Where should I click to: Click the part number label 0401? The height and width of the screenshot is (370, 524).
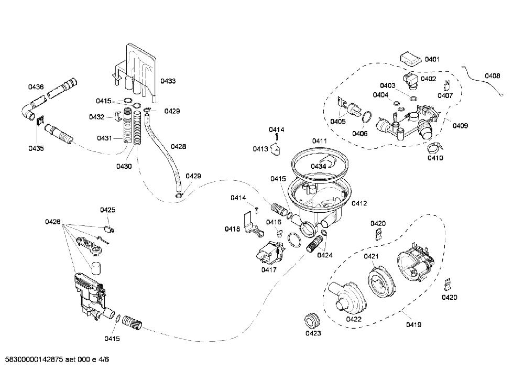(x=432, y=60)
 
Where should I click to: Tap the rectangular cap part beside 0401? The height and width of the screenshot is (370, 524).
(x=411, y=59)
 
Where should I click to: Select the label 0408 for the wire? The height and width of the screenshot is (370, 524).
(x=493, y=76)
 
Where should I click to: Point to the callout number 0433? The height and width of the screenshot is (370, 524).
(x=168, y=81)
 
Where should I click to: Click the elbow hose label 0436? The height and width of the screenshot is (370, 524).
(x=36, y=87)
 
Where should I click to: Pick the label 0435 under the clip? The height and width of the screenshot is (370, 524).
(x=36, y=148)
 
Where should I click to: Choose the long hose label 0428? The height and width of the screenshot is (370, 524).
(x=179, y=146)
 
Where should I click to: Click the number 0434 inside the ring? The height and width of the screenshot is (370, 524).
(x=318, y=167)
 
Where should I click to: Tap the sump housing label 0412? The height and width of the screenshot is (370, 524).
(x=359, y=203)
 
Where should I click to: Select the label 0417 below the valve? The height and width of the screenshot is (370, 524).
(x=269, y=270)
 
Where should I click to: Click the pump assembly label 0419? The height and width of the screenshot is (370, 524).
(x=414, y=324)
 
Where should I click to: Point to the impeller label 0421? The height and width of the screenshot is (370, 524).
(x=371, y=256)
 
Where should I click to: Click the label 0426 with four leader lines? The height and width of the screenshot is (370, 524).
(x=53, y=222)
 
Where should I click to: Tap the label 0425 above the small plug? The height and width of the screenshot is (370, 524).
(x=107, y=210)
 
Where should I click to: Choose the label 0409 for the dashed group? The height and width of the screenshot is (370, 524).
(x=460, y=126)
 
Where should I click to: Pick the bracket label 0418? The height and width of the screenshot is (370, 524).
(x=232, y=229)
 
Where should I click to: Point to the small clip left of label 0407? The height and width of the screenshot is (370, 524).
(x=447, y=85)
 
